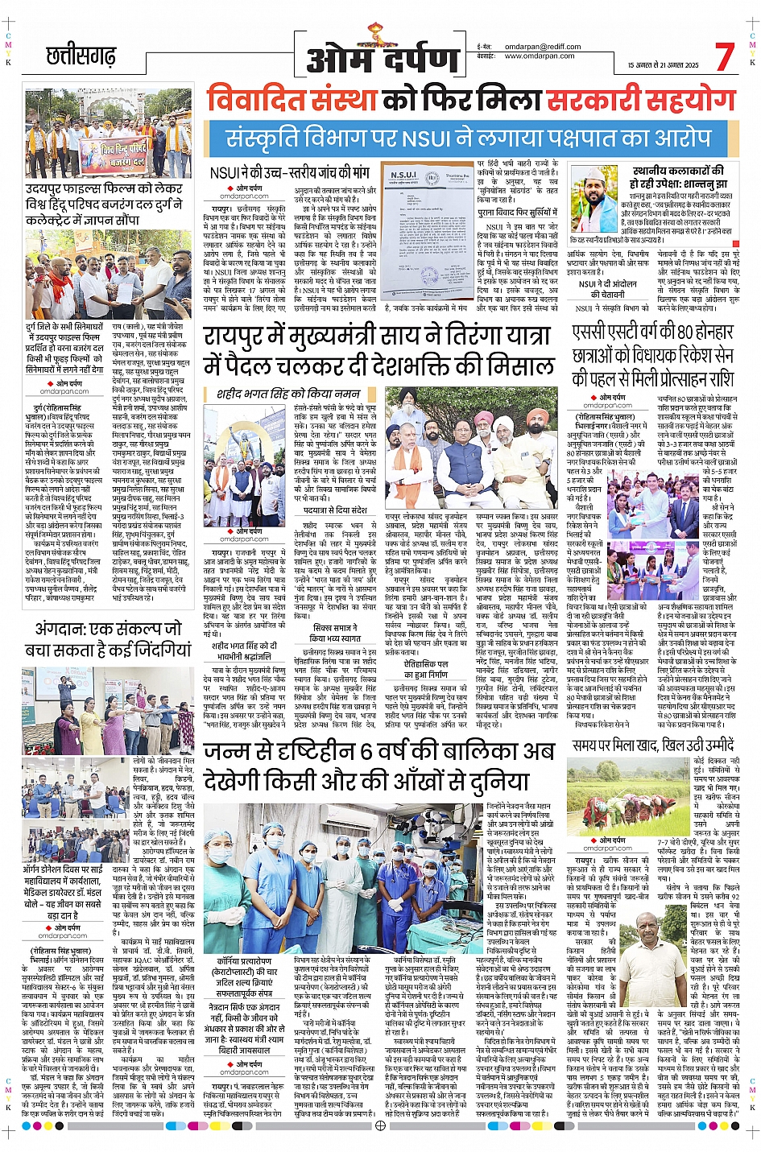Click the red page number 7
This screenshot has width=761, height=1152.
(724, 57)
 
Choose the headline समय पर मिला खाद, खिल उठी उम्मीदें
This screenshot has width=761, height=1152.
(653, 745)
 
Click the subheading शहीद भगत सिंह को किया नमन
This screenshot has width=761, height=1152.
(287, 394)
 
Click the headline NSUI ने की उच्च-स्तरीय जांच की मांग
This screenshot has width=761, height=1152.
(289, 172)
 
